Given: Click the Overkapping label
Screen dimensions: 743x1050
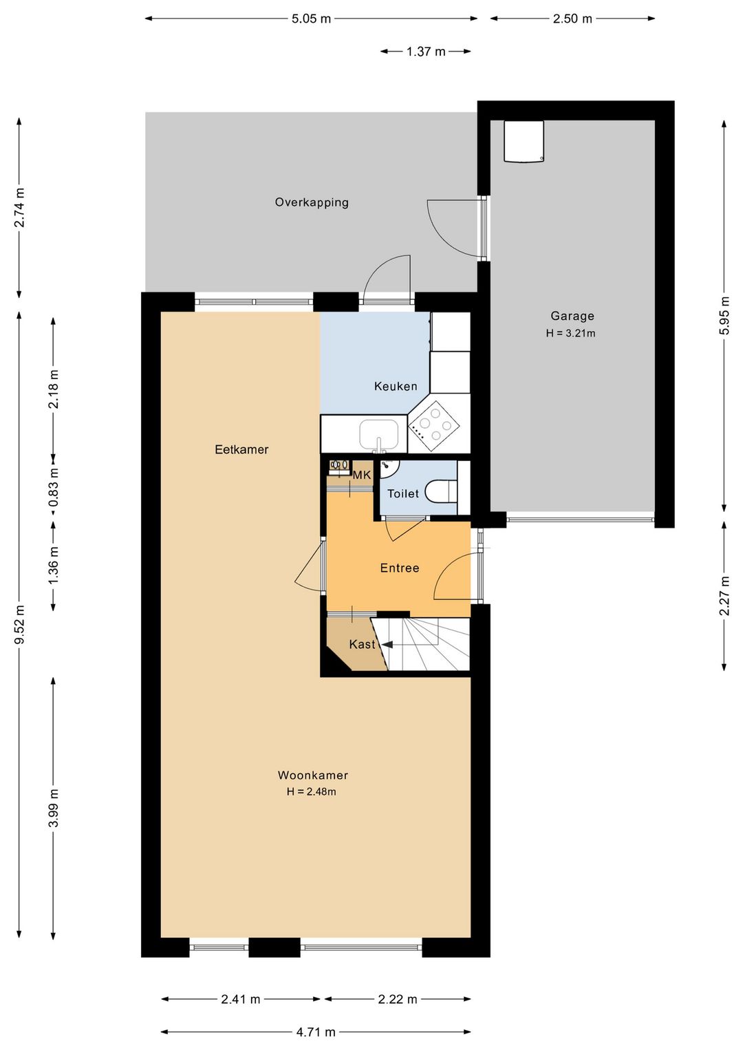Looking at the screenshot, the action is [312, 202].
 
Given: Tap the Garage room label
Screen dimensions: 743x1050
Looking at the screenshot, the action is [572, 316].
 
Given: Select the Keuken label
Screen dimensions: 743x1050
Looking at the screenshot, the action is [396, 386].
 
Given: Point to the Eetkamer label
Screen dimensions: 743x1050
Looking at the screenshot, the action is [241, 449].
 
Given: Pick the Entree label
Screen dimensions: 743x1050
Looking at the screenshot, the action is [400, 568].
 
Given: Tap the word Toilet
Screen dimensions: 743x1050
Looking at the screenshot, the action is [403, 493].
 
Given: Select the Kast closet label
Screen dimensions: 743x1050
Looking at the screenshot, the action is [363, 645].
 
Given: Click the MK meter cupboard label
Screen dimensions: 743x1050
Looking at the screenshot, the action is [362, 475].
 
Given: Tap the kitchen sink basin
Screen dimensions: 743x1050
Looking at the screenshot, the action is [379, 434].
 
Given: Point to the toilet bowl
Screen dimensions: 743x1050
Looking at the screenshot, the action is [441, 492].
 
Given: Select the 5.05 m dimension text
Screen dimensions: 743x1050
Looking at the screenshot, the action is [311, 19].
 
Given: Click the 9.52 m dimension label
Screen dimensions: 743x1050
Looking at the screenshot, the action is [19, 624].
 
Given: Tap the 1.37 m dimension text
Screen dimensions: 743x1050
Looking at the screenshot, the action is [426, 52].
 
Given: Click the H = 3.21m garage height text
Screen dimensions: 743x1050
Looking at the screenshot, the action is [570, 333].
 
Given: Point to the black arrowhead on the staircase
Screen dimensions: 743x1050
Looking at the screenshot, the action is [387, 645].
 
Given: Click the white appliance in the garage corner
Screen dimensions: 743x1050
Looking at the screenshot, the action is [524, 141].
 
